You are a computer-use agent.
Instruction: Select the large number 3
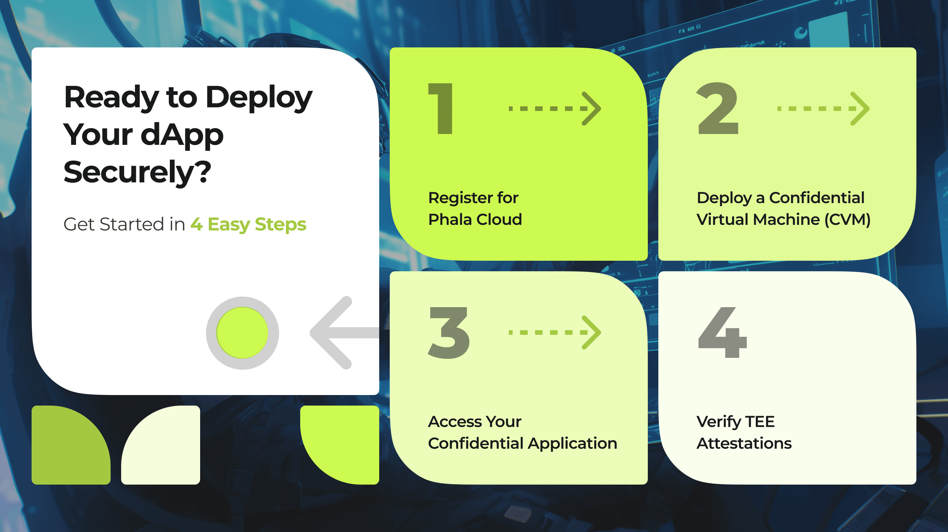point(449,332)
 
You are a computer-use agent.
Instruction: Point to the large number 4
point(723,332)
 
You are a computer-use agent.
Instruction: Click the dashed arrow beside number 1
point(555,109)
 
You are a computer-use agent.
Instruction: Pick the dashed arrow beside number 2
point(823,109)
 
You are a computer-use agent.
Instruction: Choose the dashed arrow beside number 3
point(555,332)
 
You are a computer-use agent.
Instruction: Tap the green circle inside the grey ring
point(242,333)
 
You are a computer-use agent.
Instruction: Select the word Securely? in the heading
point(137,172)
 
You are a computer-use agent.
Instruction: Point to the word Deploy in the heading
point(259,97)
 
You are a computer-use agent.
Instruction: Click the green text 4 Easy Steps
point(249,224)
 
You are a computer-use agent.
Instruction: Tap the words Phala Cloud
point(475,220)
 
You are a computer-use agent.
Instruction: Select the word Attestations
point(744,443)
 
